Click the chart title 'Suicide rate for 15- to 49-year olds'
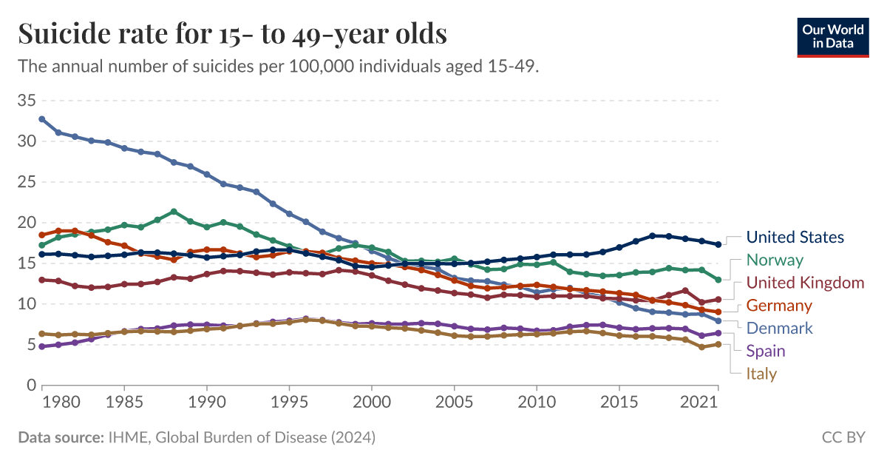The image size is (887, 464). (232, 33)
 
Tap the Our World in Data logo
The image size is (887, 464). (832, 37)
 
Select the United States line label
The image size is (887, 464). (795, 238)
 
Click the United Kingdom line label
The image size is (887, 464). (805, 283)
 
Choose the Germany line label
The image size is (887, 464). (779, 306)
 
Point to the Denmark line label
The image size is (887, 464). (779, 328)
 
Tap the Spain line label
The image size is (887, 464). (766, 351)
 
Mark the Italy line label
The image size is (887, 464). (761, 374)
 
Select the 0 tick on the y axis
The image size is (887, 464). (31, 386)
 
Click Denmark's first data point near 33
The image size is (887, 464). (42, 118)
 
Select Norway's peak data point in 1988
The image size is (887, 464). (174, 212)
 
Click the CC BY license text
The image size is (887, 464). (843, 437)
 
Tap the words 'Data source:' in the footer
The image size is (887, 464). (60, 437)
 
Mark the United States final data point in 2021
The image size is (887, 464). (718, 244)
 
